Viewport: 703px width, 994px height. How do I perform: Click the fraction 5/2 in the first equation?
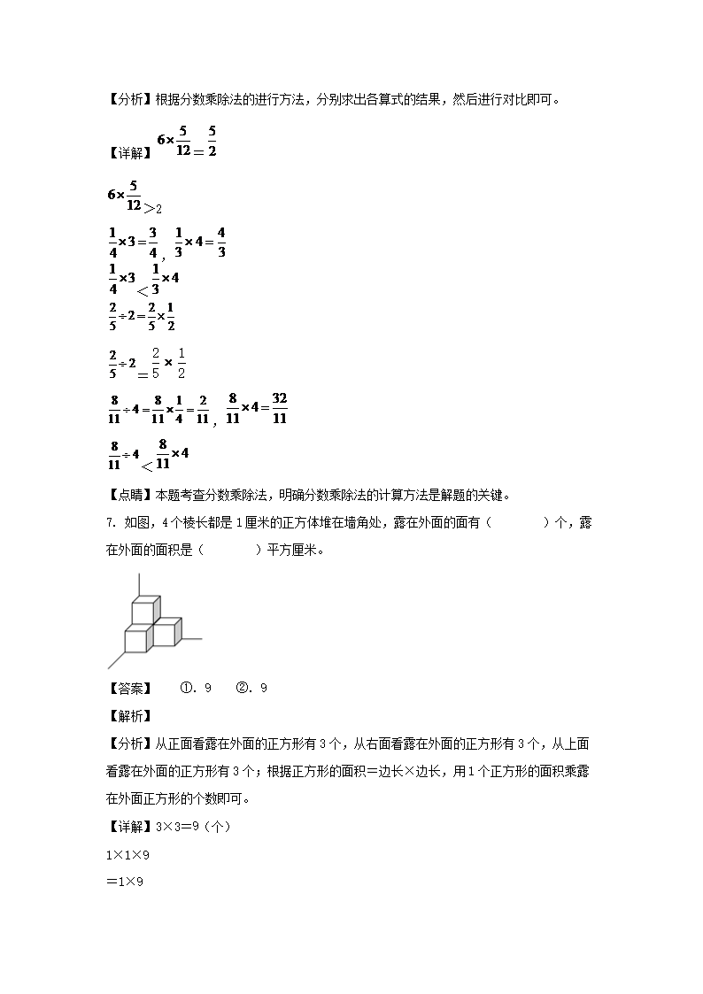pyautogui.click(x=212, y=142)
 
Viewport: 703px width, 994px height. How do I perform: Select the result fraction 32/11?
pyautogui.click(x=279, y=408)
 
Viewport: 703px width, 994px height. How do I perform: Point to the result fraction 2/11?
pyautogui.click(x=203, y=410)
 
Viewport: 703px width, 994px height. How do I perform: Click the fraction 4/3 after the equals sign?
pyautogui.click(x=220, y=242)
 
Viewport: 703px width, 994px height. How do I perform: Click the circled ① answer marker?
pyautogui.click(x=186, y=688)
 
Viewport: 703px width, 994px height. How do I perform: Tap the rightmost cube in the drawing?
pyautogui.click(x=166, y=633)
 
